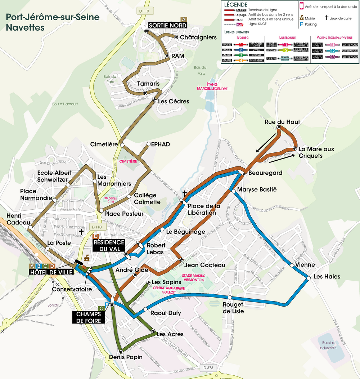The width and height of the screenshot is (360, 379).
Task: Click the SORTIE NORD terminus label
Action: [x=168, y=25]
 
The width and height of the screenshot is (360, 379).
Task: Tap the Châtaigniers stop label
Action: [x=198, y=37]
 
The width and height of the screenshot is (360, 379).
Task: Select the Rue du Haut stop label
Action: [x=282, y=122]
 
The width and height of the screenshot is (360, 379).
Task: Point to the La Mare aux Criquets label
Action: [x=316, y=152]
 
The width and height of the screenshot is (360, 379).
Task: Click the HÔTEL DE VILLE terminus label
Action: [x=51, y=272]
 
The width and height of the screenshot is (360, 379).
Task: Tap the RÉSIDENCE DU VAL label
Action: [x=109, y=245]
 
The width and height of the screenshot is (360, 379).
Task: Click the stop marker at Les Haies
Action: [x=309, y=278]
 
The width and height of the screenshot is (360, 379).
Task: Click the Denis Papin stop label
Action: [x=126, y=357]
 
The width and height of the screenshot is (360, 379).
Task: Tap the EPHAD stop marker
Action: [x=148, y=145]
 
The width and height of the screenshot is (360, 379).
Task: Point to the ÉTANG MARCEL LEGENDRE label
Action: [x=212, y=87]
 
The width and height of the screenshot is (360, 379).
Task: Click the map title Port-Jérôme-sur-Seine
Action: [x=52, y=17]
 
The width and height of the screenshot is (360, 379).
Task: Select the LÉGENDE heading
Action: [x=235, y=5]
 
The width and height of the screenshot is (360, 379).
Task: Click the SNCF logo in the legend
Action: [x=239, y=24]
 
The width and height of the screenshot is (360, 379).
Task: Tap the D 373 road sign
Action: [x=208, y=368]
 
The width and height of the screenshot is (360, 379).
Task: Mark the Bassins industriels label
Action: [x=327, y=345]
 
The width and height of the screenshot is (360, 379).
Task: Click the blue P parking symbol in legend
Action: [x=301, y=24]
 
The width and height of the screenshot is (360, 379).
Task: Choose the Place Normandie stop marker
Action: [x=54, y=200]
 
